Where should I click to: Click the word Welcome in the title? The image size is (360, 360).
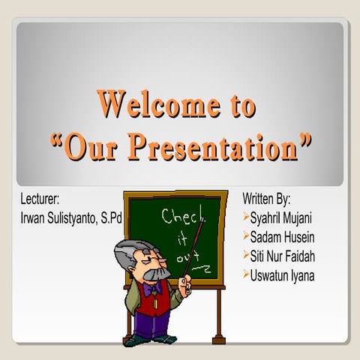[151, 105]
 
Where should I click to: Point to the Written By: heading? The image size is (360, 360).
[266, 199]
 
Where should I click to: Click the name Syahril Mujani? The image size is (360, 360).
[281, 218]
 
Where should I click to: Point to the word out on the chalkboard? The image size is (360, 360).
[185, 259]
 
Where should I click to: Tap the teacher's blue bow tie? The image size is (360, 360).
[154, 286]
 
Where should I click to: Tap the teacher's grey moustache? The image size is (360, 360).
[155, 274]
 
